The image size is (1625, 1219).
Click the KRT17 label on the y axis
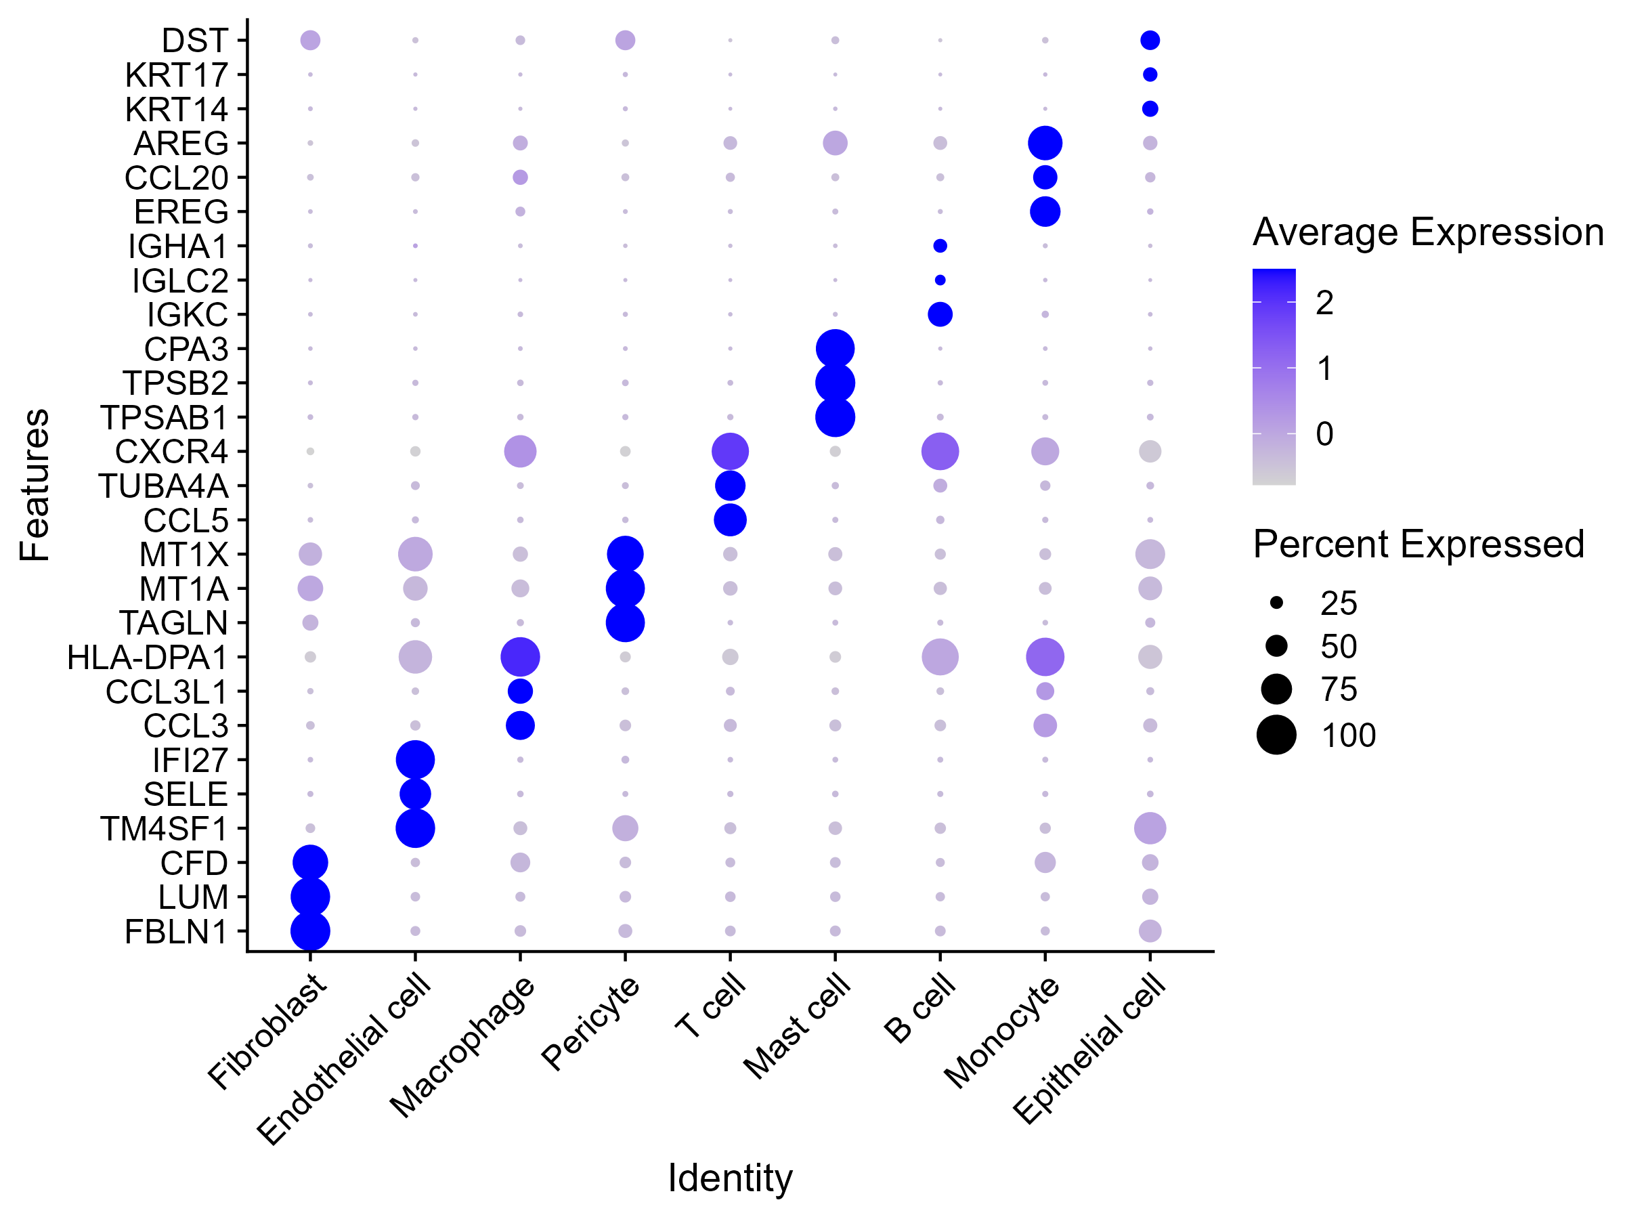(176, 75)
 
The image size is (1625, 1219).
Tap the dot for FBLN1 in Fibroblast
(310, 931)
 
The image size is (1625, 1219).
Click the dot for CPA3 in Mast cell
(836, 349)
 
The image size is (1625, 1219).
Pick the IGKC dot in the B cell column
(940, 314)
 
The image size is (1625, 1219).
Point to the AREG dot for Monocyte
(1045, 144)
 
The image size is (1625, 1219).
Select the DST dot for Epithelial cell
(1150, 41)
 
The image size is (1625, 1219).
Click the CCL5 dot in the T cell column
(730, 520)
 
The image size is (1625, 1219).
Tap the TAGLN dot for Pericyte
(625, 623)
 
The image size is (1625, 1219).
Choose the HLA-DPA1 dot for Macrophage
(520, 657)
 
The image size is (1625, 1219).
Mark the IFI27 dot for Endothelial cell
(415, 760)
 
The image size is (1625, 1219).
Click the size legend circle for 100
(1277, 735)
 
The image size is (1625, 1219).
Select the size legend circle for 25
(1277, 603)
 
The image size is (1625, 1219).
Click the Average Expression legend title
(1427, 233)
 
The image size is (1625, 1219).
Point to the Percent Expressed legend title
(1418, 544)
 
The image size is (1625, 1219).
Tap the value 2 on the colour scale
(1324, 303)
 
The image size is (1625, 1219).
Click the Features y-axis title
(35, 485)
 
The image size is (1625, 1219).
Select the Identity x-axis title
(729, 1178)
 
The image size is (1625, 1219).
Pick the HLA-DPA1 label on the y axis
(147, 658)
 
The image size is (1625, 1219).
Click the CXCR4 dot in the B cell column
(940, 451)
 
